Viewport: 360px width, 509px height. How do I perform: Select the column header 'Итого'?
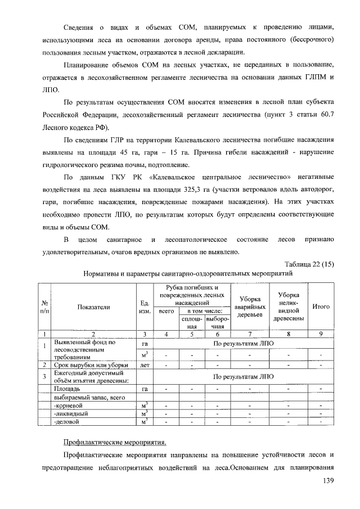point(321,307)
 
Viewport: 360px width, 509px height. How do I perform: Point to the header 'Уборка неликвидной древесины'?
point(289,307)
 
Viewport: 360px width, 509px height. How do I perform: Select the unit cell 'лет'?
point(145,366)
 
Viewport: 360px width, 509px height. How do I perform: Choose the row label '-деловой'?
point(65,421)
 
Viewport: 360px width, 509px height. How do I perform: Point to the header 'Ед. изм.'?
point(145,307)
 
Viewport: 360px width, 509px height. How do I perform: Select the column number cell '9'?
point(321,334)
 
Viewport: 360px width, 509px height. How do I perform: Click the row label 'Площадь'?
point(66,389)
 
